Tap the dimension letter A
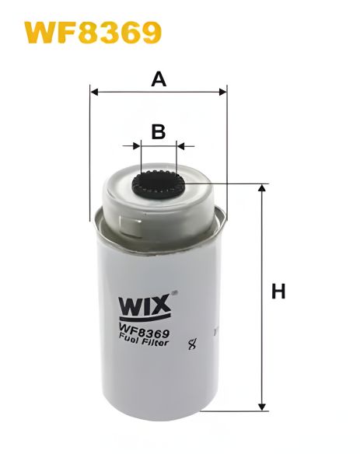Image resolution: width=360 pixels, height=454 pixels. (x=159, y=79)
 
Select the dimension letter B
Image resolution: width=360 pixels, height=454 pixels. (x=159, y=131)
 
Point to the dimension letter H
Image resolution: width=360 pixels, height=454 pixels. (x=278, y=292)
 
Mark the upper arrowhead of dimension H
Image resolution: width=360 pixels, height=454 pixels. (x=262, y=189)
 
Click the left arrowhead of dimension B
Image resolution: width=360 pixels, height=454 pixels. (x=137, y=145)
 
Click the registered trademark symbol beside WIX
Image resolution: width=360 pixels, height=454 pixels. (x=174, y=294)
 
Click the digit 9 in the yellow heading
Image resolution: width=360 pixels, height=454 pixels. (x=149, y=33)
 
